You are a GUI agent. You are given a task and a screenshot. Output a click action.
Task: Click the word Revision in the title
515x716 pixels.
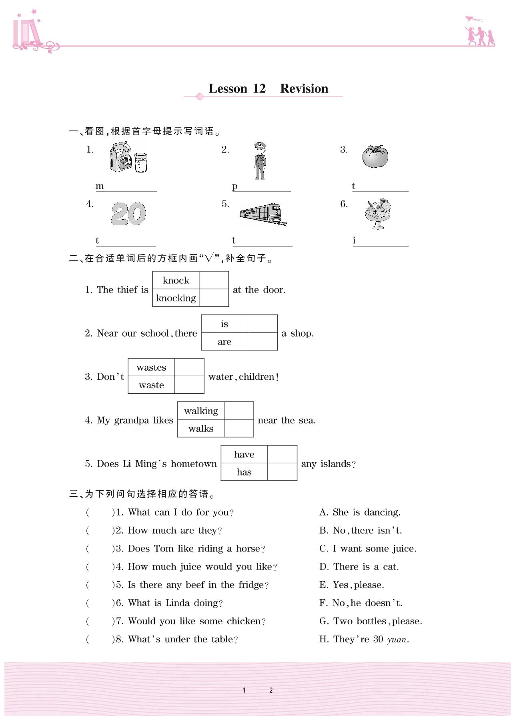(304, 88)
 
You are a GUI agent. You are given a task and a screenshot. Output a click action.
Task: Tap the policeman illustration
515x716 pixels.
(260, 161)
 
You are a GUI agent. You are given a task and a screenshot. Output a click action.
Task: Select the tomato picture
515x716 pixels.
(375, 156)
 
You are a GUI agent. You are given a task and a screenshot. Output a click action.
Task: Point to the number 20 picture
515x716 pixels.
(128, 213)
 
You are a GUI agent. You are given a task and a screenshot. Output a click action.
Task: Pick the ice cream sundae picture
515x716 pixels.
(378, 214)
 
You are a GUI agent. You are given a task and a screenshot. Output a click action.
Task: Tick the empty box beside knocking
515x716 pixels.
(214, 298)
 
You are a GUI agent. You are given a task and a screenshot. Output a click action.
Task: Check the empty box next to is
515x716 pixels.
(263, 324)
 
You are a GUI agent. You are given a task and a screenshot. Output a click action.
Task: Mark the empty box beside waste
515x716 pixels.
(189, 385)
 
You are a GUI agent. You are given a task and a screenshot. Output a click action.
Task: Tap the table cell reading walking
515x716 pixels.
(201, 411)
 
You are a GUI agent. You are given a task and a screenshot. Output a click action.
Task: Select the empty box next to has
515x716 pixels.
(282, 472)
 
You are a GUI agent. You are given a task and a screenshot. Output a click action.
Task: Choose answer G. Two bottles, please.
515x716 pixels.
(371, 621)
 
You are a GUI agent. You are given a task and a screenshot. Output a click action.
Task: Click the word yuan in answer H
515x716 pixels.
(397, 640)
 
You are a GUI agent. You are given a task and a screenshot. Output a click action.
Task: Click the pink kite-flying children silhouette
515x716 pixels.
(479, 32)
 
